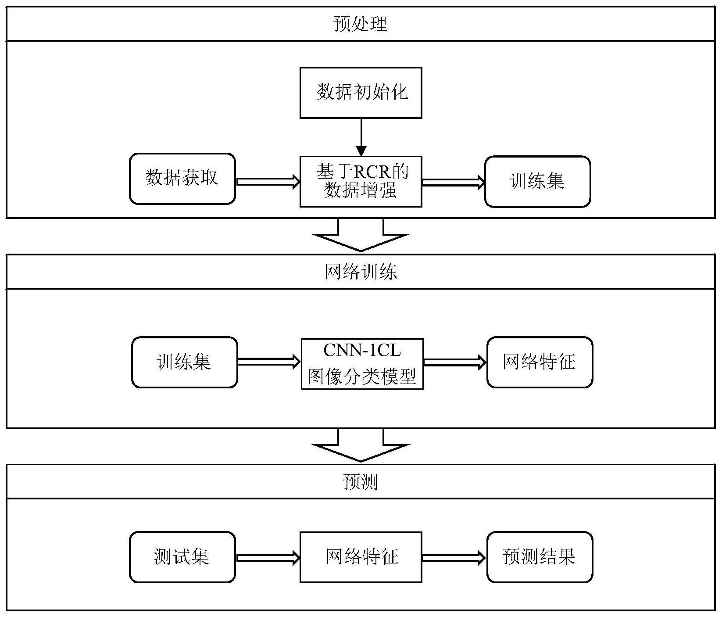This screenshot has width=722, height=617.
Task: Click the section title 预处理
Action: pyautogui.click(x=361, y=24)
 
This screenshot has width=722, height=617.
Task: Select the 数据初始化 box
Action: pyautogui.click(x=361, y=93)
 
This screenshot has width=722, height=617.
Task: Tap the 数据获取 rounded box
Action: pyautogui.click(x=182, y=179)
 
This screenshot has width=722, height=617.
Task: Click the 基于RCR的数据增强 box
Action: pyautogui.click(x=361, y=181)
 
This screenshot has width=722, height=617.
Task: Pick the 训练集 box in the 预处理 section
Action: pyautogui.click(x=537, y=181)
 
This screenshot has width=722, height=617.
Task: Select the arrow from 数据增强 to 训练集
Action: pyautogui.click(x=453, y=182)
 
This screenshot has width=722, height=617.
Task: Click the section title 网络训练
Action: pyautogui.click(x=361, y=272)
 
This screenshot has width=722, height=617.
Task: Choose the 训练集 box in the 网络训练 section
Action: pyautogui.click(x=184, y=362)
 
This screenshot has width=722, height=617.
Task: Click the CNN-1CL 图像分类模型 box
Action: pyautogui.click(x=362, y=363)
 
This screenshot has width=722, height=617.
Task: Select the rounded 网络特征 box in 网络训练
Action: pyautogui.click(x=540, y=362)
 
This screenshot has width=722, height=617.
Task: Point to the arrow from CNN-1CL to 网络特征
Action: pyautogui.click(x=455, y=362)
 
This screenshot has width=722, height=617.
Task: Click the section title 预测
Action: pyautogui.click(x=361, y=482)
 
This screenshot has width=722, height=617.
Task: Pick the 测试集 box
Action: pyautogui.click(x=182, y=557)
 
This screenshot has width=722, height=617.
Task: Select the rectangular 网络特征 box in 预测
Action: pyautogui.click(x=361, y=557)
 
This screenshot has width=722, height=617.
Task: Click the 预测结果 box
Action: pyautogui.click(x=540, y=557)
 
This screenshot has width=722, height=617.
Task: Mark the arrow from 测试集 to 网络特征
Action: pyautogui.click(x=268, y=558)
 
